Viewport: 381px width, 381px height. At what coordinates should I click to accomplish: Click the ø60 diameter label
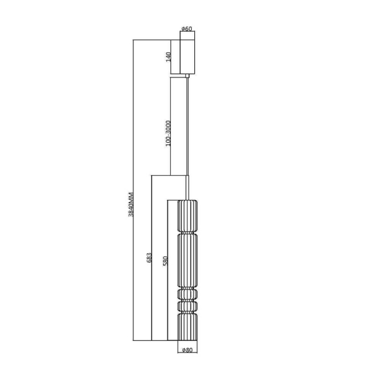click(x=187, y=29)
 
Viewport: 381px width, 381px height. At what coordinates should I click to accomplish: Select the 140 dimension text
click(x=169, y=57)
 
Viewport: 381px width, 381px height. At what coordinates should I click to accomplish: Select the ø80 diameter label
click(x=187, y=349)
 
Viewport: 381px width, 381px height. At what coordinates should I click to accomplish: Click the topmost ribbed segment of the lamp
click(x=187, y=217)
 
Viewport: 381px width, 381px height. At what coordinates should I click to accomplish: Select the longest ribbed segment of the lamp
click(x=187, y=260)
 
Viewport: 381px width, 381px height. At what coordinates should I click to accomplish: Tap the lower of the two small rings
click(x=187, y=307)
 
